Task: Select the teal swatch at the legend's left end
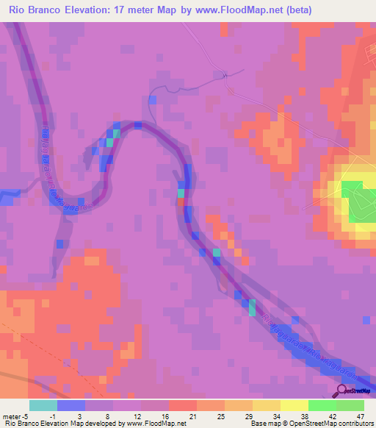[43, 405]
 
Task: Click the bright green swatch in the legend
[322, 405]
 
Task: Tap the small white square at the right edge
[366, 320]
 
